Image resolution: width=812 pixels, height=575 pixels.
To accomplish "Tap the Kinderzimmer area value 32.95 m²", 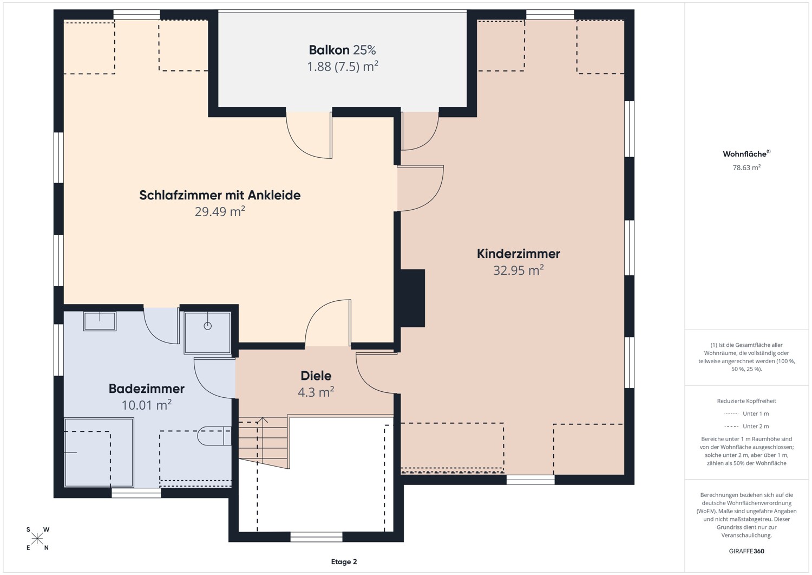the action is (x=519, y=270).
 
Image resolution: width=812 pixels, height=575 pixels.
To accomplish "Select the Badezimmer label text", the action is (x=147, y=389).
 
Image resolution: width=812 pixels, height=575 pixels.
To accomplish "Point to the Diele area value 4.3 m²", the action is (x=316, y=392).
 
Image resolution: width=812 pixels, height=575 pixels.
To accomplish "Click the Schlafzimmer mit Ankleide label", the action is (x=220, y=195).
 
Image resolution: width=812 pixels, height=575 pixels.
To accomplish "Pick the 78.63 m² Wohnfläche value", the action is (x=746, y=167).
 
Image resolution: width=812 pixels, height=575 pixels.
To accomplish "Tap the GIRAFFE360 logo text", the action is (x=746, y=551).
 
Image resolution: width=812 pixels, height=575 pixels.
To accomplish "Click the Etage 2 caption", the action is (x=344, y=561).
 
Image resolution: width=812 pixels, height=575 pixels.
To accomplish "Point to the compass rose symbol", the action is (x=37, y=539).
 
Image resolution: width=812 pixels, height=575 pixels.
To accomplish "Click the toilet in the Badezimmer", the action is (x=214, y=436).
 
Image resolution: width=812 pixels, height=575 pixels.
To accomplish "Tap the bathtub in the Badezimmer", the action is (x=99, y=453).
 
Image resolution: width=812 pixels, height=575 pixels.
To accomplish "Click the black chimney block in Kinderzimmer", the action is (x=412, y=298).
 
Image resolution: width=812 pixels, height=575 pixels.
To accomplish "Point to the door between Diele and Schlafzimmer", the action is (x=328, y=322).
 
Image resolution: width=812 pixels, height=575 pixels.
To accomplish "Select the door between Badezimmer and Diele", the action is (x=214, y=378).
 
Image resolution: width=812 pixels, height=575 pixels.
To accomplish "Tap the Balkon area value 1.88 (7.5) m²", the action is (x=343, y=67).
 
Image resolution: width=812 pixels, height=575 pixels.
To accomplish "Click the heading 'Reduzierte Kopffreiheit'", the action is (x=746, y=400).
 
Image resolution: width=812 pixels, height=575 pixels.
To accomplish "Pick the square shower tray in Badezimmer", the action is (x=207, y=333).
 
